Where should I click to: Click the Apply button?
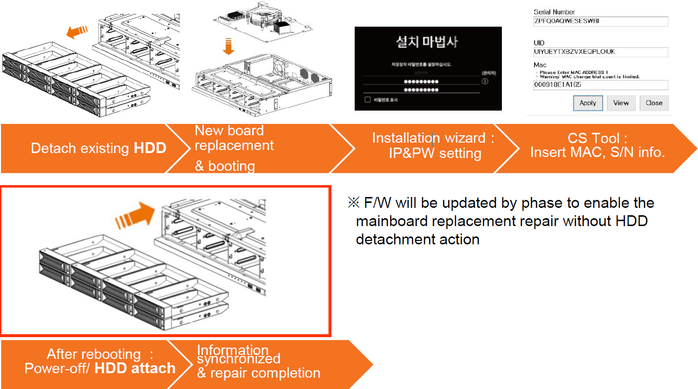(x=588, y=103)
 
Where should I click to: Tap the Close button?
(x=654, y=103)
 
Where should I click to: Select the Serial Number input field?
(x=601, y=21)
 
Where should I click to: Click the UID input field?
(x=601, y=52)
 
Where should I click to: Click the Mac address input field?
(x=601, y=85)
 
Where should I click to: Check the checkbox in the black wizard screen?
(x=367, y=100)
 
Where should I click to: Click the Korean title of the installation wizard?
(x=428, y=42)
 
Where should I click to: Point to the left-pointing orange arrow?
(x=77, y=32)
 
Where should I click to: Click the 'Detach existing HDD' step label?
(x=98, y=148)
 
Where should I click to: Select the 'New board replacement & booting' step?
(x=234, y=148)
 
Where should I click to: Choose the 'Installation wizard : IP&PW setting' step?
(x=433, y=146)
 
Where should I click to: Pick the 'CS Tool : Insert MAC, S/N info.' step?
(x=597, y=146)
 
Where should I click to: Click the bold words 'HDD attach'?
(x=135, y=368)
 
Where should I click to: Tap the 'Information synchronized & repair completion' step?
(x=258, y=362)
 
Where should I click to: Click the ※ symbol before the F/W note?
(x=354, y=203)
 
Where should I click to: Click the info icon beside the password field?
(x=485, y=81)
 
